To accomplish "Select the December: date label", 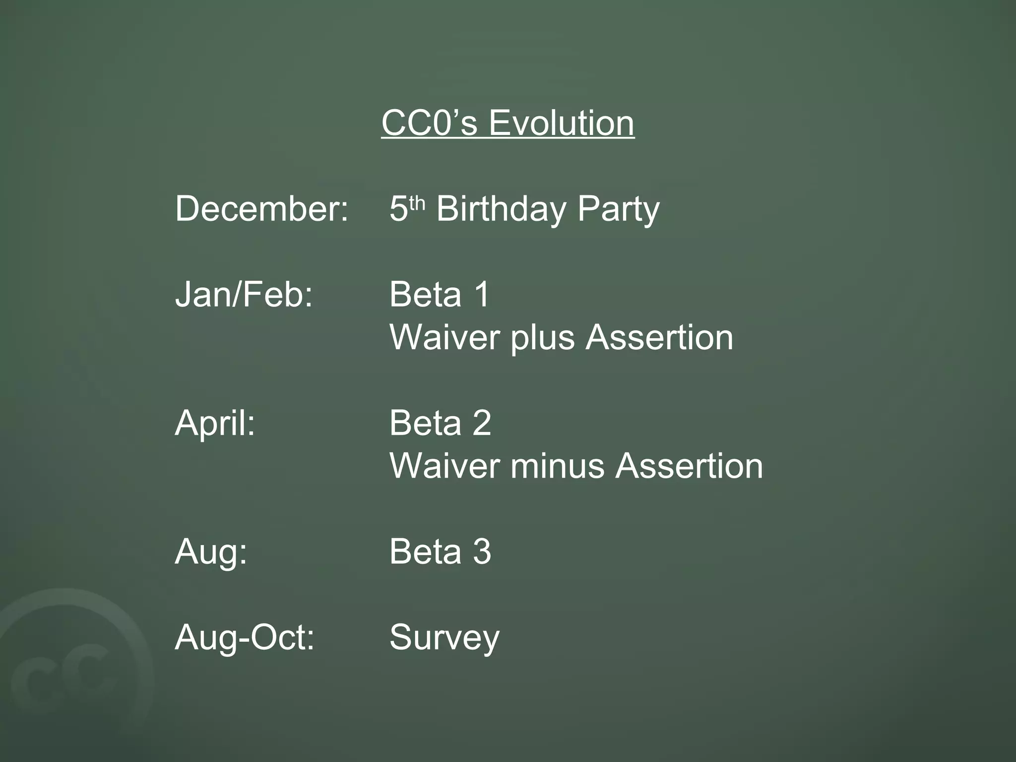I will pyautogui.click(x=261, y=208).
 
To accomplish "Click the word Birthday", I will pyautogui.click(x=501, y=208).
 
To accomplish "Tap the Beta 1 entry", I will pyautogui.click(x=440, y=294).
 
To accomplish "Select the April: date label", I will pyautogui.click(x=215, y=423).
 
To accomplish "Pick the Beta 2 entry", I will pyautogui.click(x=440, y=423).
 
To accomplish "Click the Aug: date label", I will pyautogui.click(x=211, y=552).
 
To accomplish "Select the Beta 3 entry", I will pyautogui.click(x=440, y=551).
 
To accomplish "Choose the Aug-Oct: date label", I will pyautogui.click(x=245, y=637).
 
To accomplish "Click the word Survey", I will pyautogui.click(x=444, y=637).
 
